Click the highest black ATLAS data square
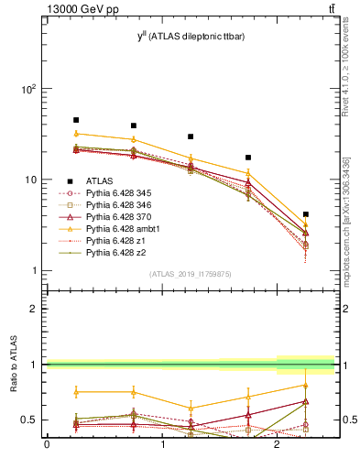[76, 120]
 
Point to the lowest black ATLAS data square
[306, 214]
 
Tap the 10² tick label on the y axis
[27, 90]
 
